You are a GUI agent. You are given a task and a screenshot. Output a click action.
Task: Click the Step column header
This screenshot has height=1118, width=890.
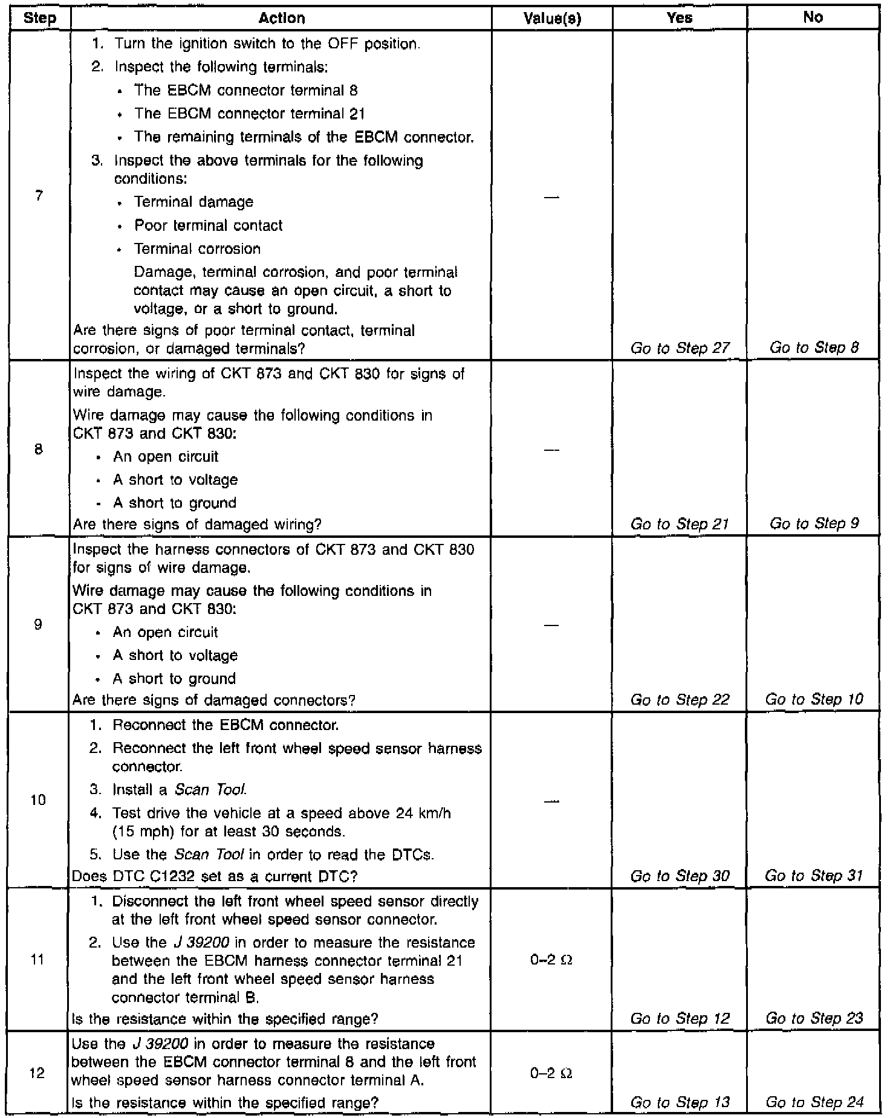tap(39, 19)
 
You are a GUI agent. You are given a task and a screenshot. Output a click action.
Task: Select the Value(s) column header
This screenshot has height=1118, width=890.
tap(552, 19)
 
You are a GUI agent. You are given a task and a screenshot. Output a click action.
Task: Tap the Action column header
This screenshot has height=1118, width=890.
tap(281, 19)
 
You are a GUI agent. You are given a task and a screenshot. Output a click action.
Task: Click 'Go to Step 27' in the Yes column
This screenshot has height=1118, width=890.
tap(680, 348)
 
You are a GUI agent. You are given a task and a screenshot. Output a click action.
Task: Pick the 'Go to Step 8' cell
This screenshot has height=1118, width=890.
tap(814, 347)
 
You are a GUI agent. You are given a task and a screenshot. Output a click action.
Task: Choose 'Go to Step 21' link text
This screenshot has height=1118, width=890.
tap(680, 524)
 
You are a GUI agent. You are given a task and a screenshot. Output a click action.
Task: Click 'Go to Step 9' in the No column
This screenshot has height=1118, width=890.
tap(814, 523)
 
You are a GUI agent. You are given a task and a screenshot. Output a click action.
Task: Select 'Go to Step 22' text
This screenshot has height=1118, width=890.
tap(680, 700)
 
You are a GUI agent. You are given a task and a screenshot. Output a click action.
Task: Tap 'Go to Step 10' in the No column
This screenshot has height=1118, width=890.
tap(814, 699)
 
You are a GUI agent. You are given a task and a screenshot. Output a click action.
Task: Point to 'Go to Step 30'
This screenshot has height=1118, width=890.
tap(680, 876)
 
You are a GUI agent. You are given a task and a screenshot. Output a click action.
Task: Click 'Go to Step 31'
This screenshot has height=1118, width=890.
tap(814, 876)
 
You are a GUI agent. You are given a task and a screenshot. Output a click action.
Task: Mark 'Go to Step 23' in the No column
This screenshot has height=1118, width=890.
tap(814, 1018)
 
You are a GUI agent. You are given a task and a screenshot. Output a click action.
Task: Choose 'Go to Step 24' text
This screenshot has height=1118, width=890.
tap(814, 1102)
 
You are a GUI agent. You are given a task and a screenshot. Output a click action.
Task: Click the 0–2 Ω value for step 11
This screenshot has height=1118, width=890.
tap(551, 960)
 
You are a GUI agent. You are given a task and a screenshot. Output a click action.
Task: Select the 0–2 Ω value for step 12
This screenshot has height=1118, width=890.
tap(551, 1073)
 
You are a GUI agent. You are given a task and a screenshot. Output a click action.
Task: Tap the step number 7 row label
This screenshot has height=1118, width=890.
tap(39, 196)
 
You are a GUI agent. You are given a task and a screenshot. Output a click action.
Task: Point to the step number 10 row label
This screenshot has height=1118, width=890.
tap(38, 800)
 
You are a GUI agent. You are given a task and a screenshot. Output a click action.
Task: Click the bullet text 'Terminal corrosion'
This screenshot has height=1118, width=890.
tap(197, 249)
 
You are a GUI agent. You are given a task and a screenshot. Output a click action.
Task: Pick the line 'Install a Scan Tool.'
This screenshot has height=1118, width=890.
tap(180, 790)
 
